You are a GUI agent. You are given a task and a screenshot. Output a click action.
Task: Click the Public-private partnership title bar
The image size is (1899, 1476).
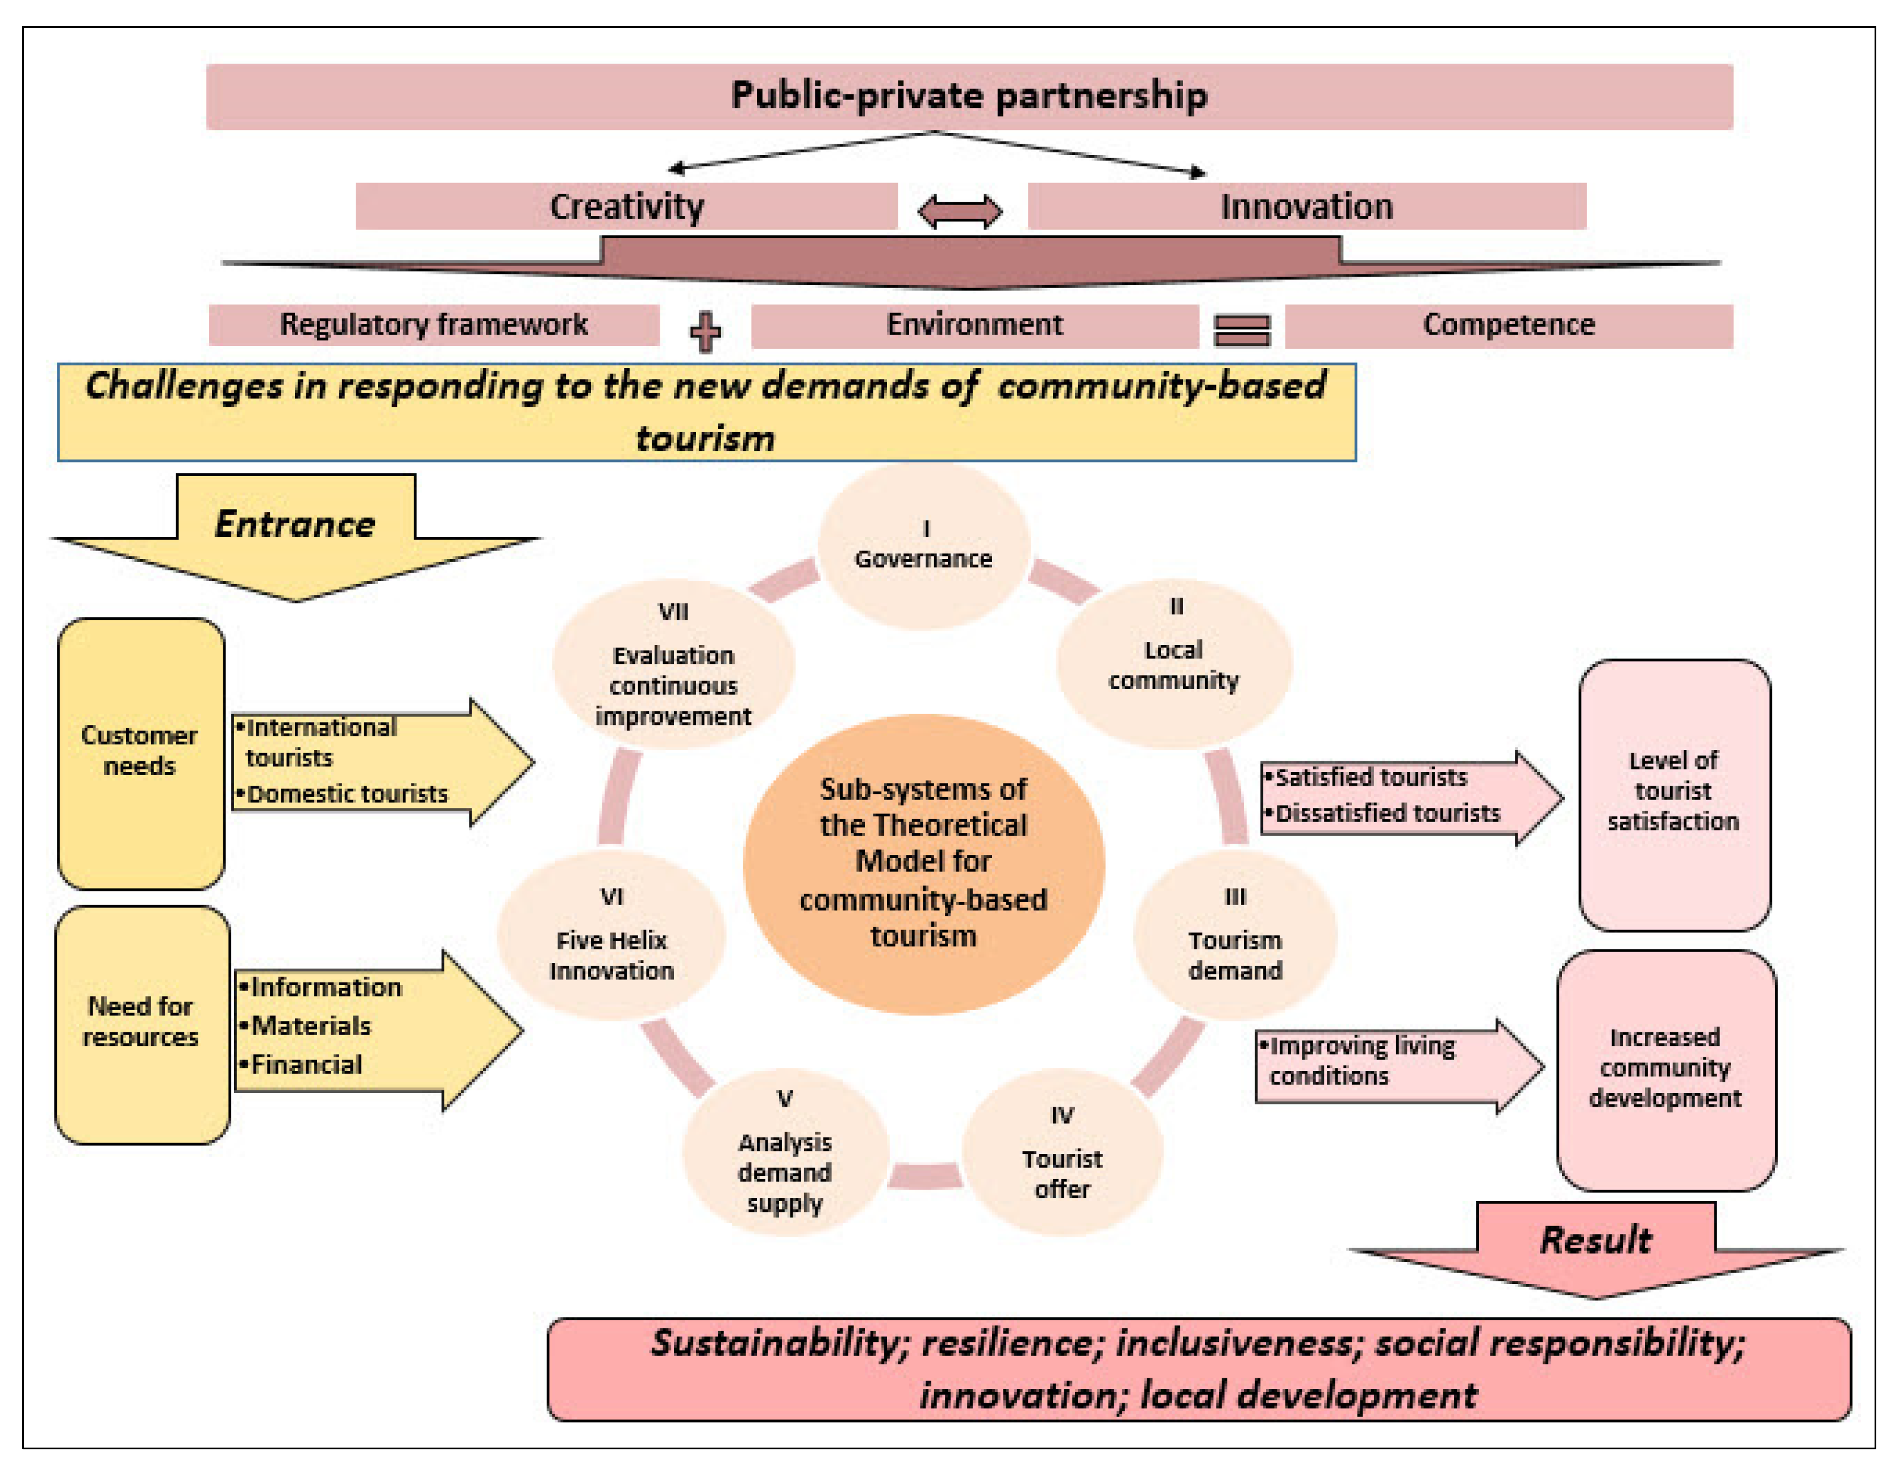coord(969,97)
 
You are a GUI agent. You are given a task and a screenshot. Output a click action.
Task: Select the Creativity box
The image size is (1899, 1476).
coord(626,207)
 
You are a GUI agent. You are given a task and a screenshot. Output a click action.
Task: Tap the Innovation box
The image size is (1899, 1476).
coord(1306,207)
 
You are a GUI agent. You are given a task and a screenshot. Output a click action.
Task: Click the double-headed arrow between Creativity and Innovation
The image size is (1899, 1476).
coord(960,211)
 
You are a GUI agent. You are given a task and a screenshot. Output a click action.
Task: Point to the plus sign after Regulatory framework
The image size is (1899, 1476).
coord(705,331)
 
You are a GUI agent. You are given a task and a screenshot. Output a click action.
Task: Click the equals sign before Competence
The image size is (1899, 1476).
coord(1242,330)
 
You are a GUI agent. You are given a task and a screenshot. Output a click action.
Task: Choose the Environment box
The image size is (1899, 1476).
coord(974,325)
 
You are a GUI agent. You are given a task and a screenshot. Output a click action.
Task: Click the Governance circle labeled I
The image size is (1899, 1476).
coord(923,546)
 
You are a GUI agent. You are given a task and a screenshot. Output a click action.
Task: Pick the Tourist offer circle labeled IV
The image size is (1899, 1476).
coord(1061,1153)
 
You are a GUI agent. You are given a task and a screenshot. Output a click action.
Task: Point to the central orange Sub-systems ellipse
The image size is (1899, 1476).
coord(923,863)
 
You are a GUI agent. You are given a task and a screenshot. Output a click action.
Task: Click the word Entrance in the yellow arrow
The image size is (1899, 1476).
coord(295,524)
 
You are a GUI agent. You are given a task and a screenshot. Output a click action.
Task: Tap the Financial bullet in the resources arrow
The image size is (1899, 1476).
coord(305,1065)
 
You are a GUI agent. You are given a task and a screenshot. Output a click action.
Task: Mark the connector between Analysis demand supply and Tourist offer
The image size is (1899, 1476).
coord(925,1175)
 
